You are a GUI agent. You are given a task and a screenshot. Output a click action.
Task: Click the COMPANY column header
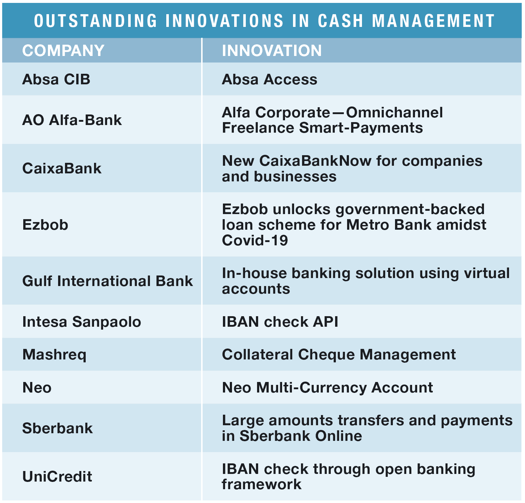pos(64,50)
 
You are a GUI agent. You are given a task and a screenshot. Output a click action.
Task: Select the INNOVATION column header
pos(272,50)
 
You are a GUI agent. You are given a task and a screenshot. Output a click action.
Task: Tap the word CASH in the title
pos(340,21)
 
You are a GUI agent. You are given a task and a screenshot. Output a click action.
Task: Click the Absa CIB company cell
pos(56,79)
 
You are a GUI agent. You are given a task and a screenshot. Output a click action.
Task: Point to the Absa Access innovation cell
pos(269,79)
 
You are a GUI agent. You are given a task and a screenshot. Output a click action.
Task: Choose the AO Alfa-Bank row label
pos(72,120)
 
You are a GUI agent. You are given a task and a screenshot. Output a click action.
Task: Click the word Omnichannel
pos(394,112)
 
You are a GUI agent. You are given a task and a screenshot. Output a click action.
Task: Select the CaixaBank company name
pos(62,168)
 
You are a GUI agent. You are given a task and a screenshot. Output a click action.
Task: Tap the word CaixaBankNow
pos(316,161)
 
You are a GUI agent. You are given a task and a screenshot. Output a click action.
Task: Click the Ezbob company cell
pos(45,225)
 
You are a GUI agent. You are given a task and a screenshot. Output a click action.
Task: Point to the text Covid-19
pos(255,240)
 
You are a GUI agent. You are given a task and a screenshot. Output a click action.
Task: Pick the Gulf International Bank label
pos(107,281)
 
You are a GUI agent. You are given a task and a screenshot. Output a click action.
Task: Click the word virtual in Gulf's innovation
pos(487,273)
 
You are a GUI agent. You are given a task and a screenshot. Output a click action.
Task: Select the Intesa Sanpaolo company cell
pos(82,322)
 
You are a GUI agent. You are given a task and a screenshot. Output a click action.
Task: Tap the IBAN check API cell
pos(280,322)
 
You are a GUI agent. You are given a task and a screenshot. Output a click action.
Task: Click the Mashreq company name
pos(54,355)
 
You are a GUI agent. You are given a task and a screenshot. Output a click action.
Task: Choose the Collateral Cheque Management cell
pos(339,354)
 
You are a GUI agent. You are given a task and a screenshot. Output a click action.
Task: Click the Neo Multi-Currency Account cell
pos(327,388)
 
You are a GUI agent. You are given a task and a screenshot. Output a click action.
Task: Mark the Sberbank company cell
pos(57,428)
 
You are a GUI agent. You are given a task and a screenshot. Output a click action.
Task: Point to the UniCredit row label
pos(57,476)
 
